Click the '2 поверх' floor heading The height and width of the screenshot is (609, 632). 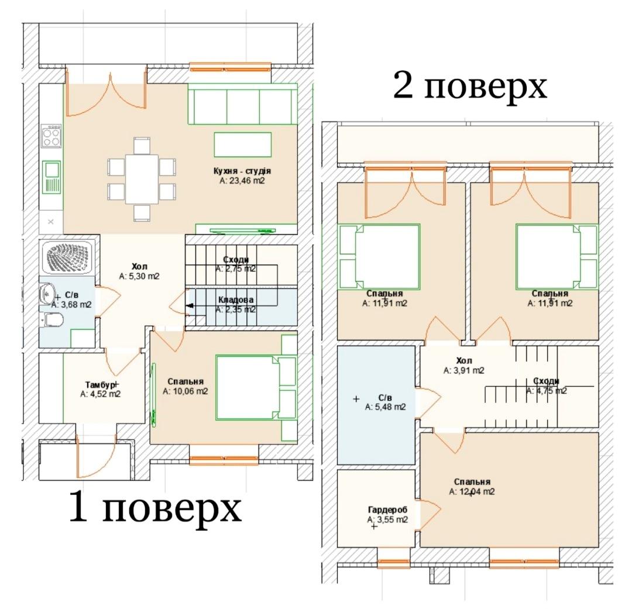(x=470, y=85)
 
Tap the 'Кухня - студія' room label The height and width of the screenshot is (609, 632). (x=242, y=171)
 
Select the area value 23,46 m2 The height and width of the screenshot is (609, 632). (x=242, y=181)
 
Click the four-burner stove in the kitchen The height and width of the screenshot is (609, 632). (x=51, y=136)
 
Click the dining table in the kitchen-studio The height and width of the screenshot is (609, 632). (x=142, y=179)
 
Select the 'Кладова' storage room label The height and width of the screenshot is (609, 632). (x=236, y=300)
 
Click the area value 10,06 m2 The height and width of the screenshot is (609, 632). (x=186, y=391)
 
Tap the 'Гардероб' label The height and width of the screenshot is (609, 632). (x=387, y=510)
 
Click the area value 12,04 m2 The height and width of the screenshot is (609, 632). (x=472, y=492)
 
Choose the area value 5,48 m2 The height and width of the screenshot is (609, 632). (x=385, y=407)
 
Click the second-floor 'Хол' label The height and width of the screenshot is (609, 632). (x=464, y=360)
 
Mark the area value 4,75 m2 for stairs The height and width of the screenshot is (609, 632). (x=547, y=391)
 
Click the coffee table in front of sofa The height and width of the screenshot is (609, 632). (x=243, y=144)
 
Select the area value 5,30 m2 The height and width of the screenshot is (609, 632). (x=139, y=277)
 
